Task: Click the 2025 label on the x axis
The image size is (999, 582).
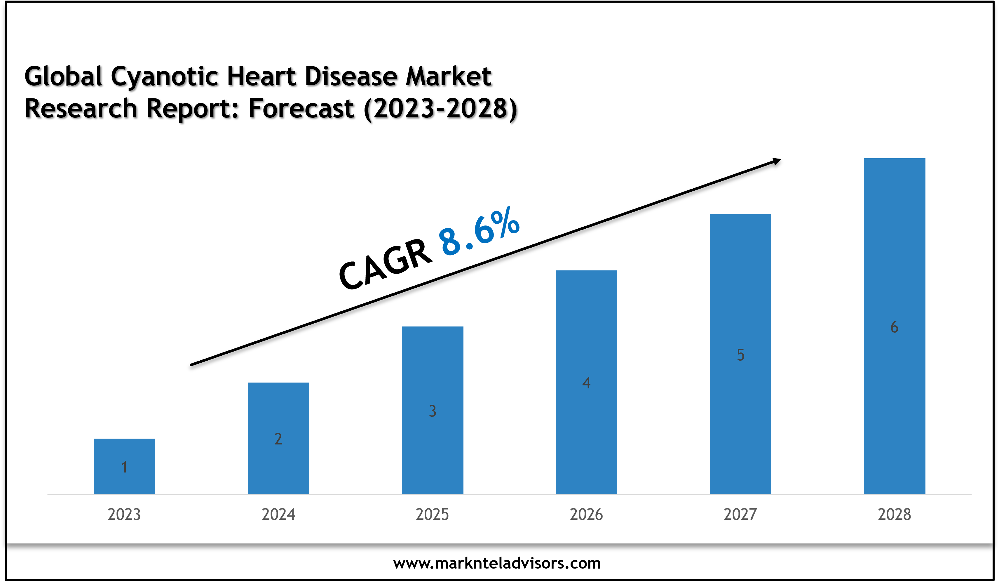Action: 432,515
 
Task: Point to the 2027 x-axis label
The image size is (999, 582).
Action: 740,515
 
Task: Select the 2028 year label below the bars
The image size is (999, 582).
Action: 894,515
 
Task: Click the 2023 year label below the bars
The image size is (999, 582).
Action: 124,515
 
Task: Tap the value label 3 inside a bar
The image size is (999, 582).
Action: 433,411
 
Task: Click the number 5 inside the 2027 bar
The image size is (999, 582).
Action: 740,355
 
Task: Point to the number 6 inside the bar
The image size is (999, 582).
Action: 894,327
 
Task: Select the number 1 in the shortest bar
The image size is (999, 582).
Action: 124,467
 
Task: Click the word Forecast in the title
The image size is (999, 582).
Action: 301,109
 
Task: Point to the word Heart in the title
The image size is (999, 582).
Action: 261,76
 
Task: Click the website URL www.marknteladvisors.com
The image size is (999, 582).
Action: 497,563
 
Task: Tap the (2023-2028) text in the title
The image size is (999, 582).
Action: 440,109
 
